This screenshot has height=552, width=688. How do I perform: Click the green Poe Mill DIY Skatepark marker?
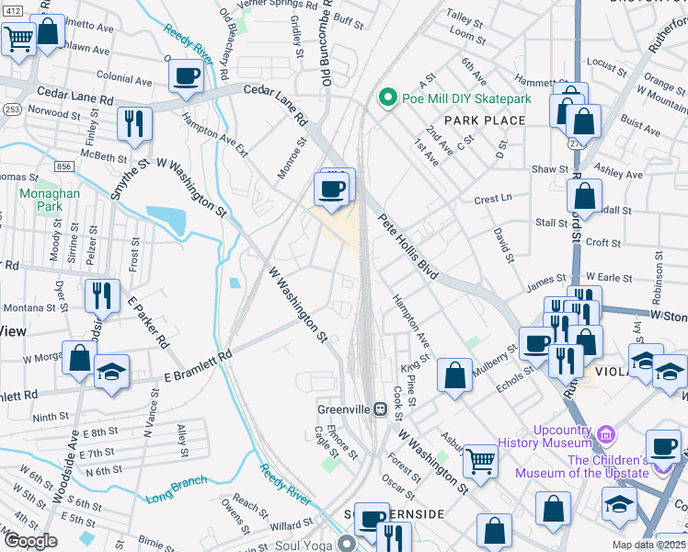(388, 97)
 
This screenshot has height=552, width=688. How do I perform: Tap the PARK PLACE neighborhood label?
(485, 121)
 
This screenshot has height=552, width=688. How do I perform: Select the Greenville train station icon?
(378, 409)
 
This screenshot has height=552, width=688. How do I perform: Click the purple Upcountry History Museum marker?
(605, 432)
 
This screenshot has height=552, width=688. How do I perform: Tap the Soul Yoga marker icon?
(346, 542)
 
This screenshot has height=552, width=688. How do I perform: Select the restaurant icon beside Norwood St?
(135, 122)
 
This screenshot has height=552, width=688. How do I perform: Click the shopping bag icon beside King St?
(454, 375)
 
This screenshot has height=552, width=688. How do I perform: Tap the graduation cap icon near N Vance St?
(112, 373)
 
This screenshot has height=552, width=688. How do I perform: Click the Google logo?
(30, 541)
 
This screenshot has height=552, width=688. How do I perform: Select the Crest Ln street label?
(492, 199)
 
